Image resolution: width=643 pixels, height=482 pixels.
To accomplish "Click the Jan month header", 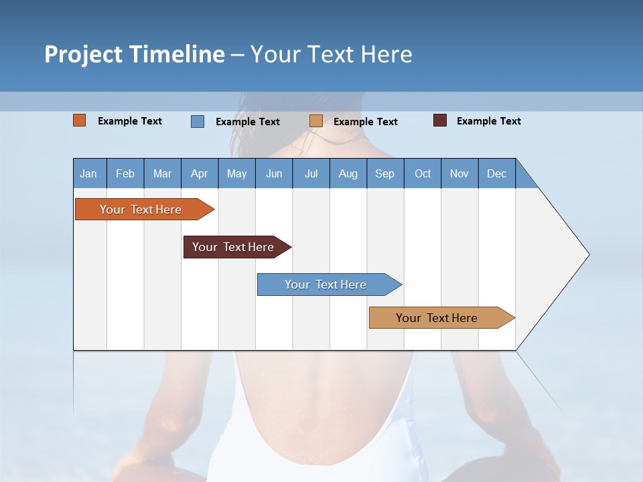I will pos(89,173).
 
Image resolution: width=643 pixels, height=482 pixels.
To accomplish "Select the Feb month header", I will pos(125,173).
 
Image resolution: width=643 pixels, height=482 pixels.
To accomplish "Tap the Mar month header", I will pos(162,173).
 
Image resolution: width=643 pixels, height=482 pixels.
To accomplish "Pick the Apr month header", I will pos(200,173).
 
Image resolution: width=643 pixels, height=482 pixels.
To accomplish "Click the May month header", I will pos(236,173).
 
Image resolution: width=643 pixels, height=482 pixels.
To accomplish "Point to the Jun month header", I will pos(274,173).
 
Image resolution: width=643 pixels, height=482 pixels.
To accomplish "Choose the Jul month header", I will pos(311,173).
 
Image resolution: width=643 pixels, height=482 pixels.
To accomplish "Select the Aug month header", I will pos(348,173).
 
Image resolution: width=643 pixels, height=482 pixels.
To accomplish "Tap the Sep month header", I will pos(385,173).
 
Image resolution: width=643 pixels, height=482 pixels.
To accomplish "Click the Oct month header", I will pos(423,173).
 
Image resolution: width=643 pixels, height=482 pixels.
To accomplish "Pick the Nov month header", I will pos(459,173).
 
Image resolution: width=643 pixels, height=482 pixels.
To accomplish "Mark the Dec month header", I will pos(497,173).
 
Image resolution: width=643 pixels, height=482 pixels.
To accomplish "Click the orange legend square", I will pos(80,120).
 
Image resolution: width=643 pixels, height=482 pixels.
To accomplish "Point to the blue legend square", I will pos(198,121).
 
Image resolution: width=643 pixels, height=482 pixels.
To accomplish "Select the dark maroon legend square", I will pos(440,120).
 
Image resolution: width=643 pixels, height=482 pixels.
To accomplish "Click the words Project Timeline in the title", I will pos(135,54).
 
